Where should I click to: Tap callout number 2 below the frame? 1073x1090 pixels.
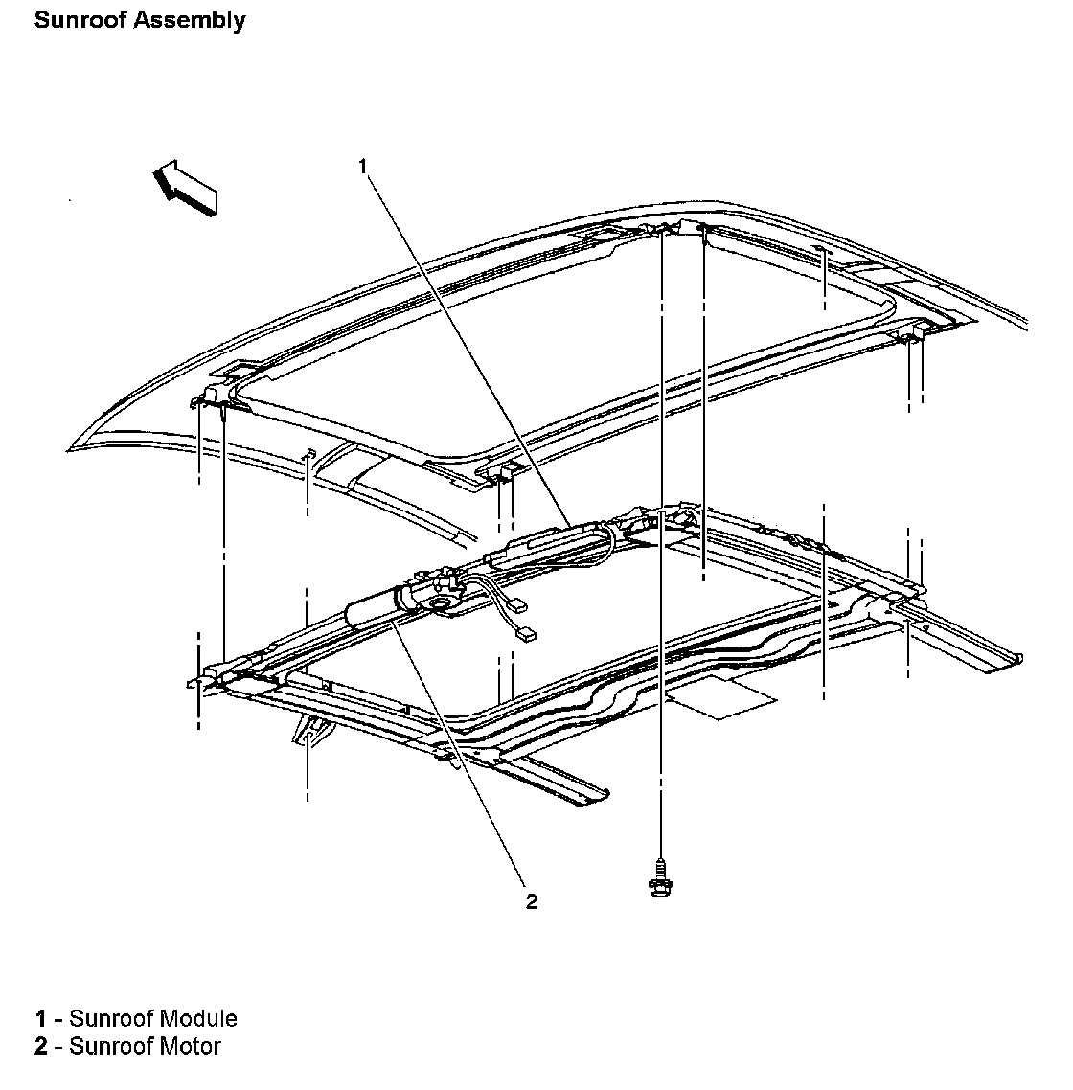coord(531,900)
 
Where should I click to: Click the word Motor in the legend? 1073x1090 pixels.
coord(191,1046)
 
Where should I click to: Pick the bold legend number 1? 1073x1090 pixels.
coord(41,1018)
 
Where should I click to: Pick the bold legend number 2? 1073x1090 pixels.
coord(41,1046)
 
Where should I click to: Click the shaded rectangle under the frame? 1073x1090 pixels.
coord(721,696)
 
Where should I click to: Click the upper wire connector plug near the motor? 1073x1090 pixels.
coord(519,604)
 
